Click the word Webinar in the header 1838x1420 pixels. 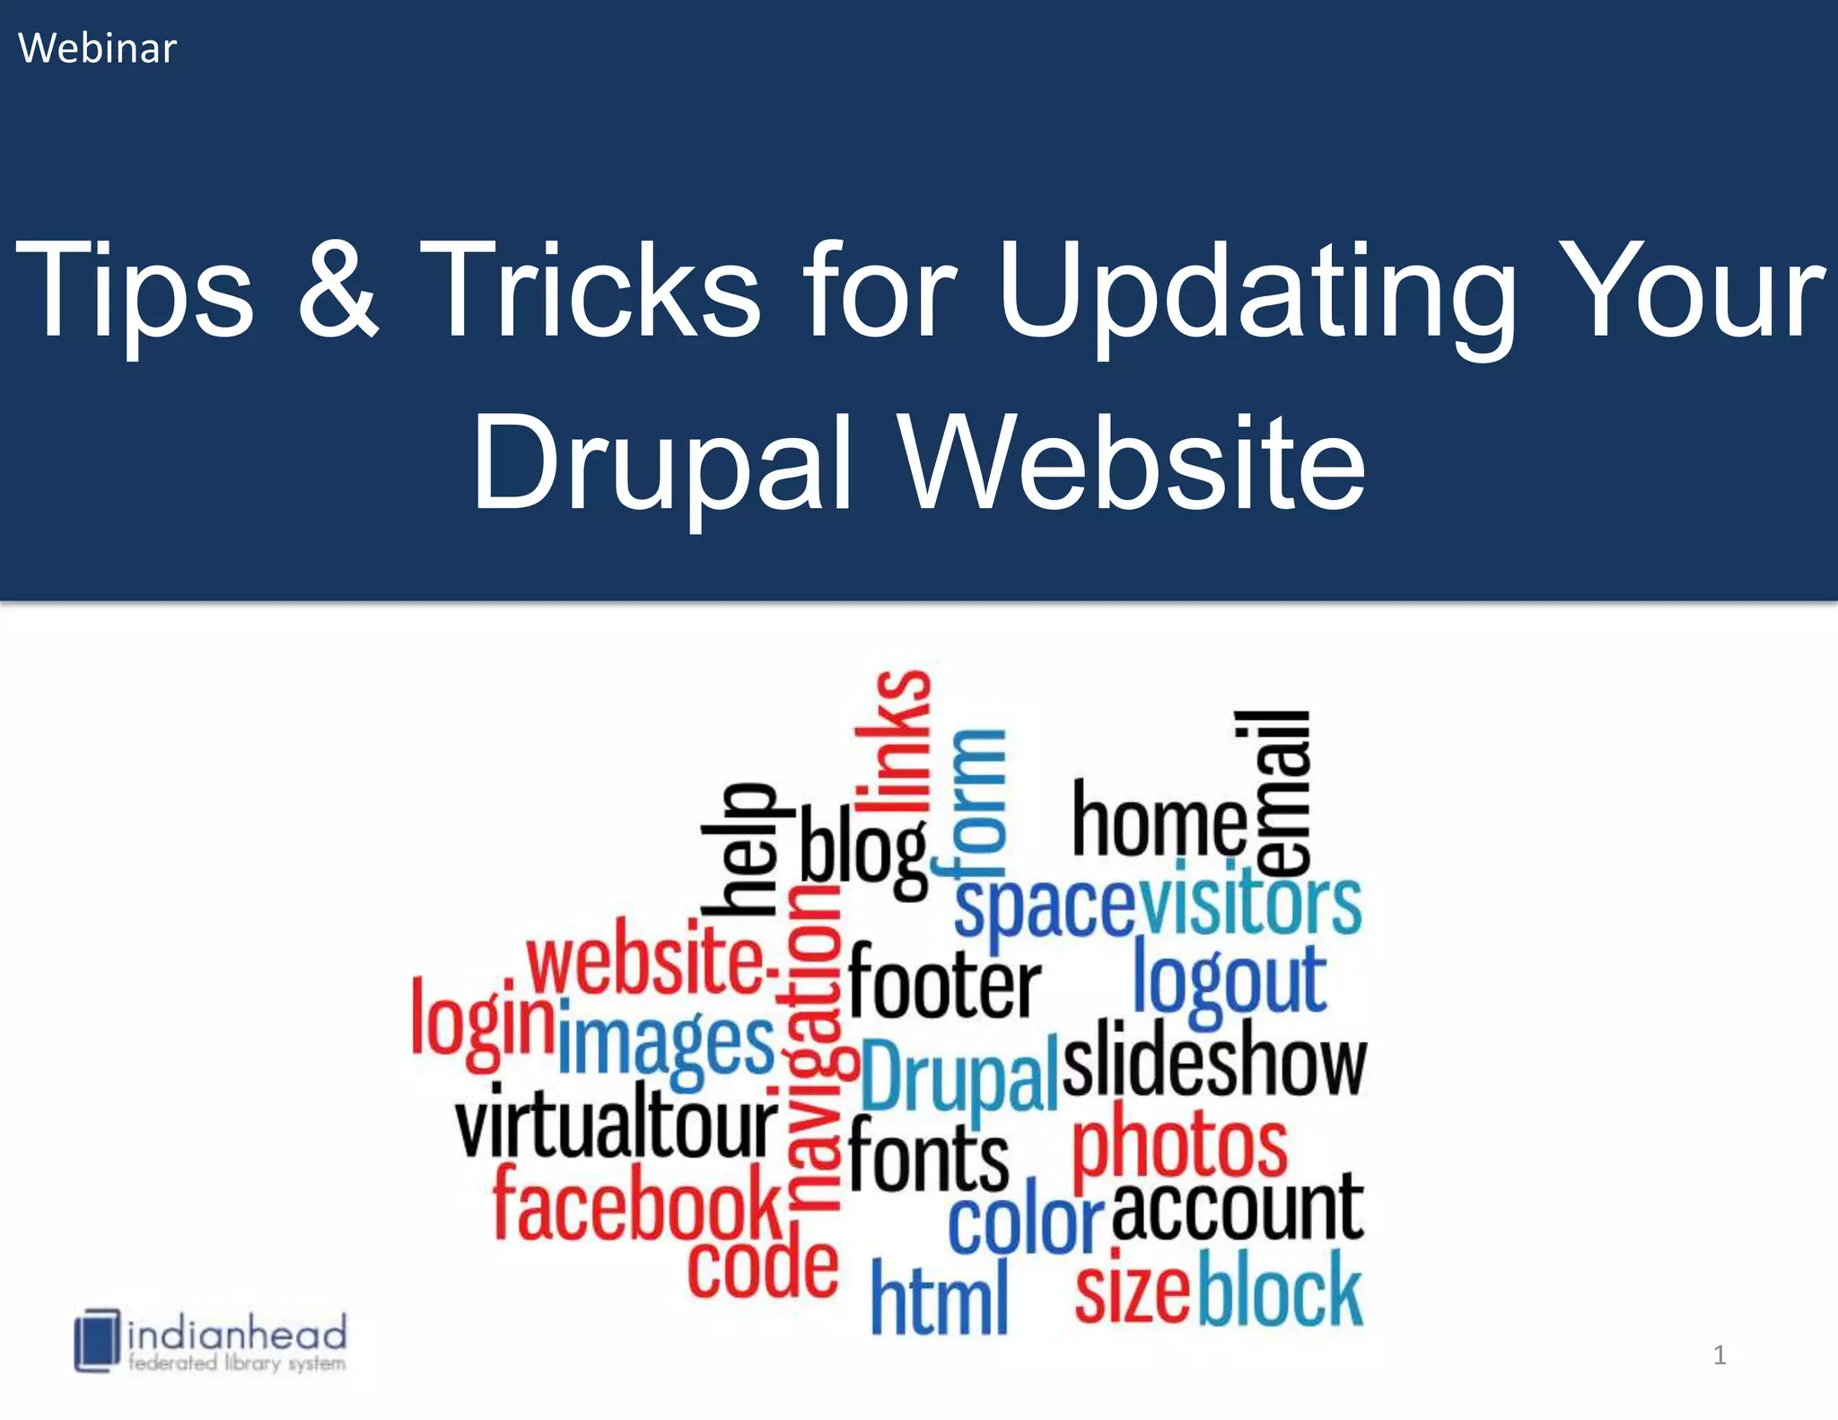point(97,48)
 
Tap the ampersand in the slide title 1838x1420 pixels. point(337,289)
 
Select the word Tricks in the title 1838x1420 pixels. point(591,289)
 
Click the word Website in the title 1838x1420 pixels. point(1133,462)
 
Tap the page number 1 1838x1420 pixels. point(1719,1355)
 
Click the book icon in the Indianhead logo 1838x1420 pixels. point(96,1340)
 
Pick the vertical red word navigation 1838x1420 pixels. point(815,1050)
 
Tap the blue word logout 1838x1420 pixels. point(1229,982)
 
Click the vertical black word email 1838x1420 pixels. point(1274,793)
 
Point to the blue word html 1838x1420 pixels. point(939,1296)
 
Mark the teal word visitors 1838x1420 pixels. point(1250,903)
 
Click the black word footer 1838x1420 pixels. point(944,982)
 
